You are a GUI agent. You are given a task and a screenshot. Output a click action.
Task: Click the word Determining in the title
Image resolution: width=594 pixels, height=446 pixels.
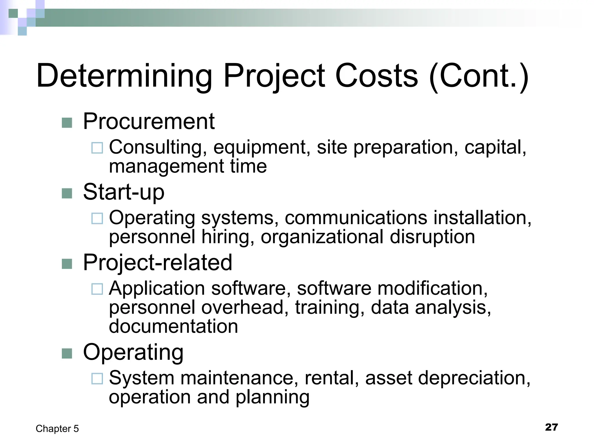tap(124, 76)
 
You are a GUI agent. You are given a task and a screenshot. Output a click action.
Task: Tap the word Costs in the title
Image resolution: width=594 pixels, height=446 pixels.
tap(376, 76)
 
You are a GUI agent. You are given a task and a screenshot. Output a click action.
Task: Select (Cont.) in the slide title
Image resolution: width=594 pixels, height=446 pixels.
tap(479, 76)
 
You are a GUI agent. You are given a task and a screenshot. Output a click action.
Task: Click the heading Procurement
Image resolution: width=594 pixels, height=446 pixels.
tap(149, 121)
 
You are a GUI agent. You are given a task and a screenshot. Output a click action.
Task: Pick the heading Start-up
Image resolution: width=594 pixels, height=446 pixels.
tap(124, 192)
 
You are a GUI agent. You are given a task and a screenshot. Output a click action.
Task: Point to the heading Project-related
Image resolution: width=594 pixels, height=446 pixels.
tap(157, 262)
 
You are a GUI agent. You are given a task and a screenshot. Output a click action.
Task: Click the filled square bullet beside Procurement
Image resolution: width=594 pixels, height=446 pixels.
tap(67, 123)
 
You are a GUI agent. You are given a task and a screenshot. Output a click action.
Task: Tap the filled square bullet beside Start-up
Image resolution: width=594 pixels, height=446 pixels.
tap(67, 193)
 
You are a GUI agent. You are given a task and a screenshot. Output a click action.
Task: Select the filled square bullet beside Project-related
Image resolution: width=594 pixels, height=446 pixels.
tap(67, 264)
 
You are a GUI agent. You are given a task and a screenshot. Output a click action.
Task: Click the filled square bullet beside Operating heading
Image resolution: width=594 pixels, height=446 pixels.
tap(67, 353)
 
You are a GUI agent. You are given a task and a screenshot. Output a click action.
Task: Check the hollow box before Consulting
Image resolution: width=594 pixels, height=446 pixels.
tap(97, 148)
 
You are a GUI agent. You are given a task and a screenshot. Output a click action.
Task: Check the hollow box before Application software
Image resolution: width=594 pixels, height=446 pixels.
tap(97, 289)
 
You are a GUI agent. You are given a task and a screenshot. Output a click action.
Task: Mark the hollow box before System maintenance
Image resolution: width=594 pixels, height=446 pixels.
tap(97, 379)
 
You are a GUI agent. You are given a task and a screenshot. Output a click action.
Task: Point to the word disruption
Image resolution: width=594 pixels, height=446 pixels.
tap(432, 237)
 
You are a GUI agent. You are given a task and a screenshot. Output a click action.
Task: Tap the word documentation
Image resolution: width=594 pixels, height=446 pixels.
tap(173, 326)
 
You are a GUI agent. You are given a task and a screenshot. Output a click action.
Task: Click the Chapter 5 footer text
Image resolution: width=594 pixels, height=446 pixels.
tap(57, 429)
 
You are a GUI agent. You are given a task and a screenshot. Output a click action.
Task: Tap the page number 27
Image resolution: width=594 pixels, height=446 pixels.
tap(551, 427)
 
